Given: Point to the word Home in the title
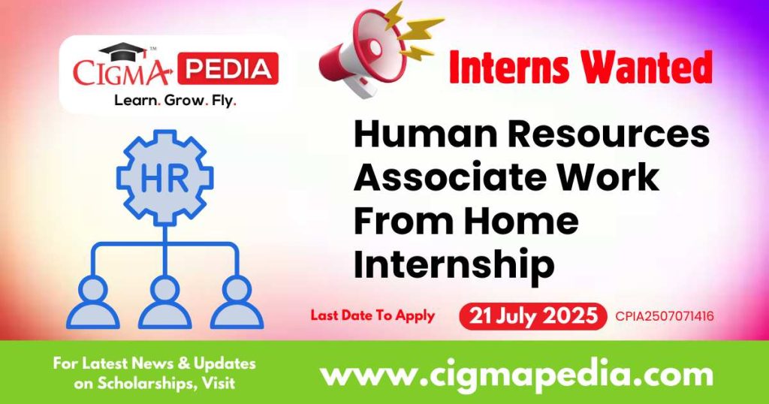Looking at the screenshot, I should click(x=523, y=222).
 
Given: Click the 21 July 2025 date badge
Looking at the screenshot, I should click(x=532, y=315).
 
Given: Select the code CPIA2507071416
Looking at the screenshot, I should click(x=664, y=316).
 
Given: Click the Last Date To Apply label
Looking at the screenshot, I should click(x=373, y=315).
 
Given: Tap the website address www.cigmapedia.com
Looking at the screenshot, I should click(x=517, y=373).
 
